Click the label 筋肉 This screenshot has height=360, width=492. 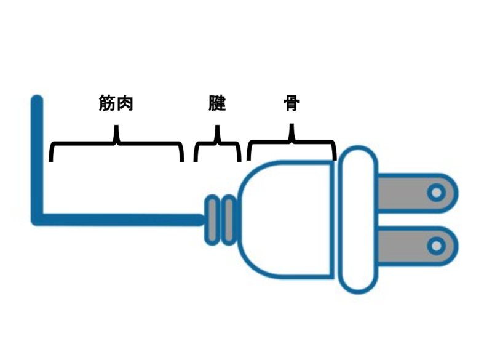[116, 103]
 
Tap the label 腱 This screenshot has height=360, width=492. [217, 103]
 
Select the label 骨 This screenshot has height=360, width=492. [292, 103]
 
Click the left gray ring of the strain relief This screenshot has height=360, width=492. [212, 219]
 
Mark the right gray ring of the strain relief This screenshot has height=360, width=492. [228, 219]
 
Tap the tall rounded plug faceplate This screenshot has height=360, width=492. [357, 219]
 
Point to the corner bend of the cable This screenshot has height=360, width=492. [38, 218]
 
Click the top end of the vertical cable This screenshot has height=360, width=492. [38, 100]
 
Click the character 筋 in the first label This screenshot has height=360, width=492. [107, 103]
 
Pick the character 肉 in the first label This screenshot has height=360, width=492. [125, 103]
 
